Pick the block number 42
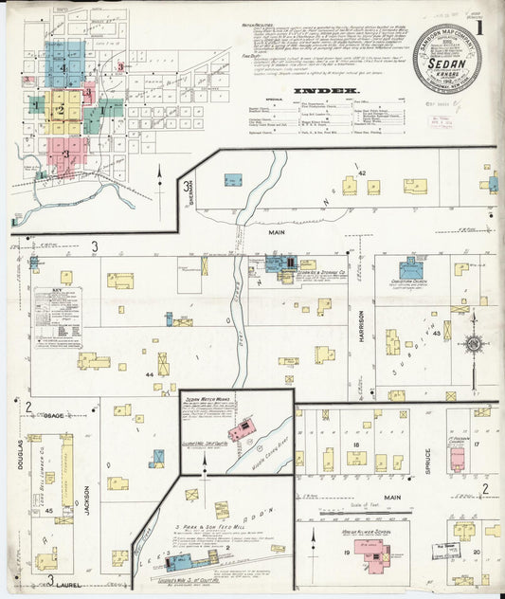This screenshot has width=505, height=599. [361, 173]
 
